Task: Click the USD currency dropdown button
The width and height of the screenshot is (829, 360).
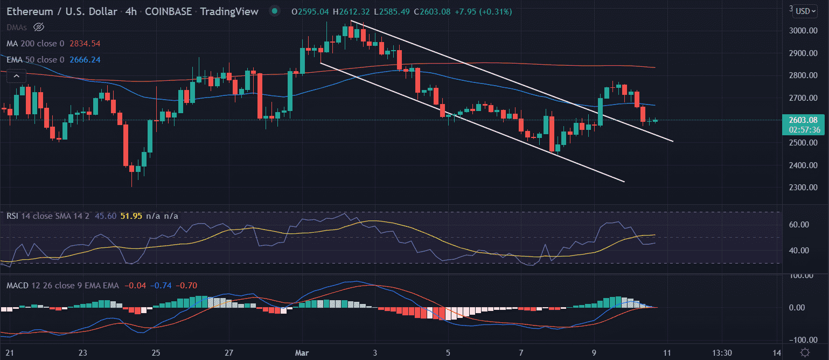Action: tap(805, 11)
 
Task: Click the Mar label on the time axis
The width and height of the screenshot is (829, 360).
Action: tap(302, 352)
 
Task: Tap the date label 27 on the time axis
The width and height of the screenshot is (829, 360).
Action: tap(229, 352)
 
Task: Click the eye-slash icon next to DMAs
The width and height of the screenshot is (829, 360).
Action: tap(38, 27)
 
